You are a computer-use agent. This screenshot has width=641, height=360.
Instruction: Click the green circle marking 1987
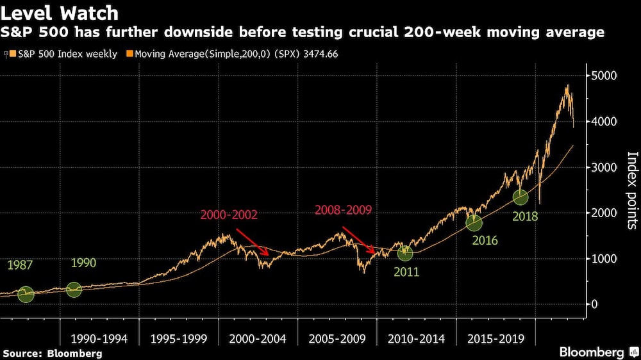pos(26,294)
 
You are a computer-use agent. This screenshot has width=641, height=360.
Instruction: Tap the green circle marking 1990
pos(74,290)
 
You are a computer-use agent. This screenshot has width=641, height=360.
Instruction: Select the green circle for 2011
pos(404,253)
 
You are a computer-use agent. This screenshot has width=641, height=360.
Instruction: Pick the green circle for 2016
pos(474,223)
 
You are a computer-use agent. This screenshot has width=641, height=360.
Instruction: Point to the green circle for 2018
pos(520,197)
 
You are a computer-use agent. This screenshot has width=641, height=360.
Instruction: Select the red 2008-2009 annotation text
pos(343,209)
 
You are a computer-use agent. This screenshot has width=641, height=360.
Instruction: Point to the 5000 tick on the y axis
pos(603,76)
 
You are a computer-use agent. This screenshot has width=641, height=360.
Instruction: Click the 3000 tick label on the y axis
pos(603,167)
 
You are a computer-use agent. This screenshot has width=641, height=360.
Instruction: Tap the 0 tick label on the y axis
pos(595,304)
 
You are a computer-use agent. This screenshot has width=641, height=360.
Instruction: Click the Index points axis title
pos(631,190)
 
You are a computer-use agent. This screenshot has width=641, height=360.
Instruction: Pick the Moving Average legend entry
pos(231,54)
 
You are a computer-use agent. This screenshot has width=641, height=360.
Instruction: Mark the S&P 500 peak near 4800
pos(567,86)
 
